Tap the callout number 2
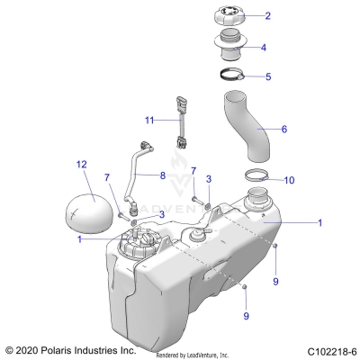[x=266, y=16]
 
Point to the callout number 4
[x=263, y=47]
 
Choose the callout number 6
[x=284, y=130]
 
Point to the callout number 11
[x=150, y=119]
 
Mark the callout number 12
[x=82, y=164]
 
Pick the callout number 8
[x=163, y=175]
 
